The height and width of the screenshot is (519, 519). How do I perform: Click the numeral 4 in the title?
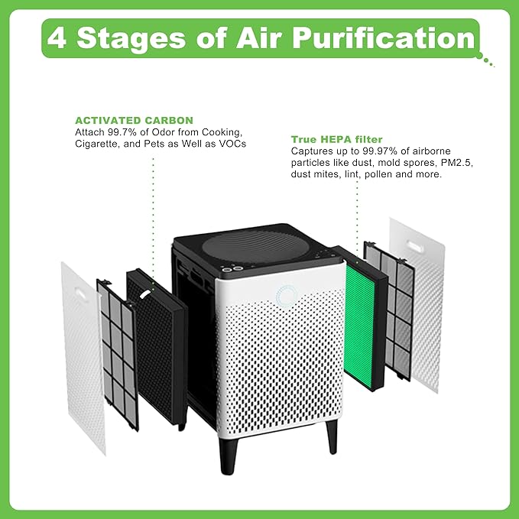point(59,38)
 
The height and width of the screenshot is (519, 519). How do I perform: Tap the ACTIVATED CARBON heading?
point(134,120)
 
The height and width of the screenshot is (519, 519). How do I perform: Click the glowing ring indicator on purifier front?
point(286,296)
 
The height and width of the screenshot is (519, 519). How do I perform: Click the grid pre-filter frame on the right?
point(389,306)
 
